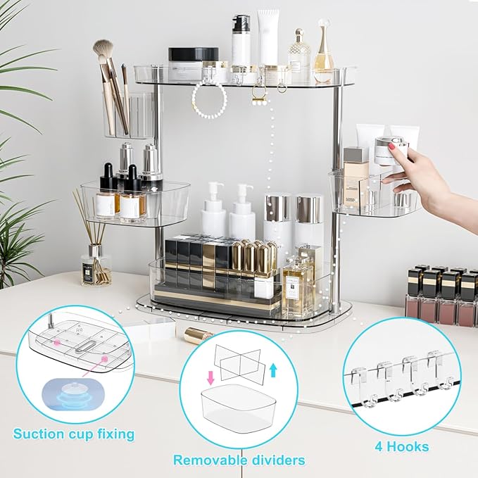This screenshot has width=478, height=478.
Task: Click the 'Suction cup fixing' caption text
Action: click(73, 433)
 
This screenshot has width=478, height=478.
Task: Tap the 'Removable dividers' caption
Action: click(239, 460)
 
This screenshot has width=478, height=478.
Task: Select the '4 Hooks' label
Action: click(401, 446)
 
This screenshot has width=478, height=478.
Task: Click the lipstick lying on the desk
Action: click(199, 334)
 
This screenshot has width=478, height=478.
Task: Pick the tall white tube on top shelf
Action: click(268, 39)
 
